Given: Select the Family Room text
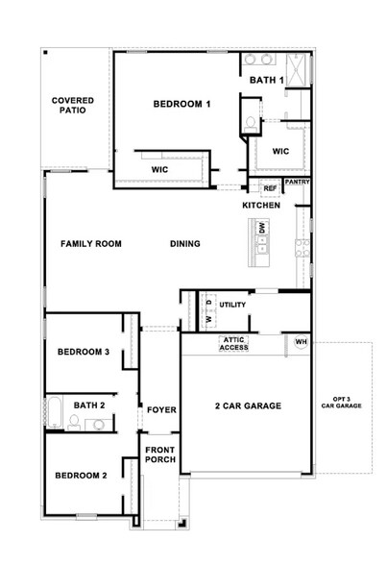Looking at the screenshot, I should point(91,244).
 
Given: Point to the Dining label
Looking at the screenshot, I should point(185,244).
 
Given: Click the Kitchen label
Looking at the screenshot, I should point(261,206).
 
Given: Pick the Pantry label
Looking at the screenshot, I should point(298,181).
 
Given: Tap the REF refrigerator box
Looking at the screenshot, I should point(270,188).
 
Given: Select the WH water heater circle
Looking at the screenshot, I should point(301,342).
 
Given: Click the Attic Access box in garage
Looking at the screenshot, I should point(235,343).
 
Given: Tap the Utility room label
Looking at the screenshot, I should point(233,305).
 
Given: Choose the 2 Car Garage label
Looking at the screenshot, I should point(248,406).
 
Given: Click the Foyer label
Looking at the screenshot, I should point(160,410).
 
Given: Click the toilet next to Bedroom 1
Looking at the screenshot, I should point(250,123).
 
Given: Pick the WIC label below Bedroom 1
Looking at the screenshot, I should point(160,169).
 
